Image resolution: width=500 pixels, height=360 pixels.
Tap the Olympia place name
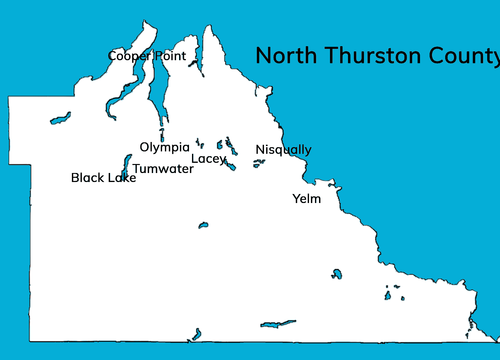click(x=165, y=147)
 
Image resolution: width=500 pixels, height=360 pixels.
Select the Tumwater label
click(x=163, y=168)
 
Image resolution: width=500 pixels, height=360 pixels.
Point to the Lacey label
click(x=209, y=159)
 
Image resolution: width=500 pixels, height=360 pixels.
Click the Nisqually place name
click(x=283, y=150)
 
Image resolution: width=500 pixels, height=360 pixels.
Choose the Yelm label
click(x=306, y=198)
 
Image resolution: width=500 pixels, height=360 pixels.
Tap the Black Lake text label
click(x=104, y=178)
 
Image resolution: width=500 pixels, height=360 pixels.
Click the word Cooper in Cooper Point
click(x=129, y=56)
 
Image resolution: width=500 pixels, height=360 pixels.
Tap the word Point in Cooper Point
click(x=170, y=56)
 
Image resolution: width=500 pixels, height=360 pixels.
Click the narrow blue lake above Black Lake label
click(x=127, y=163)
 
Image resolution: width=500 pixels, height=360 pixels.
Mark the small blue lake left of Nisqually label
click(x=258, y=162)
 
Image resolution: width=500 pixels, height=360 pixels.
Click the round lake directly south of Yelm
click(x=337, y=274)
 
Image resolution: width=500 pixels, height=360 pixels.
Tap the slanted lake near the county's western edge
click(x=60, y=118)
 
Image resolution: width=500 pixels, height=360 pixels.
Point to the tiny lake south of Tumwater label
click(x=202, y=225)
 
